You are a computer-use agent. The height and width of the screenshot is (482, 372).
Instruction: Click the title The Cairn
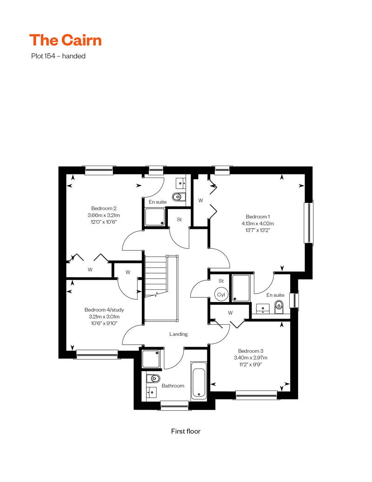(66, 40)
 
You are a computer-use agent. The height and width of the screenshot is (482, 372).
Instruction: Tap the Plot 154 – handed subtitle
(58, 56)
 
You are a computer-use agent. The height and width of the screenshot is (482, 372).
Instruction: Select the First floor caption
(186, 431)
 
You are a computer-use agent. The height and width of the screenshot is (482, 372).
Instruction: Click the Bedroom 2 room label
(104, 208)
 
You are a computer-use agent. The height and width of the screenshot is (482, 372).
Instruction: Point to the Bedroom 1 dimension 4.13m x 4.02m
(258, 223)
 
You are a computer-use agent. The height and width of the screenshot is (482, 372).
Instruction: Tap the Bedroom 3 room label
(251, 351)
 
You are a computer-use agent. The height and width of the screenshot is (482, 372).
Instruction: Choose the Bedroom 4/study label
(104, 310)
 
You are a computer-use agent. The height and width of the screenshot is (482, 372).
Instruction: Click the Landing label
(179, 334)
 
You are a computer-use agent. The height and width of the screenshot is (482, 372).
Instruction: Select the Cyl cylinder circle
(221, 295)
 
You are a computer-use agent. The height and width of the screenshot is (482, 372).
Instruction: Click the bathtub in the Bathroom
(199, 381)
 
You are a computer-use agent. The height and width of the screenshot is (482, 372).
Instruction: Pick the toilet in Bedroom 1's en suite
(279, 307)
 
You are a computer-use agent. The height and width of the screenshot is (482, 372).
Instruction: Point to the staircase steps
(156, 276)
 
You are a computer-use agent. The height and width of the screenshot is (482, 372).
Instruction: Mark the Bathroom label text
(173, 386)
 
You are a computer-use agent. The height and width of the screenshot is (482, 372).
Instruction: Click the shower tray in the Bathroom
(151, 359)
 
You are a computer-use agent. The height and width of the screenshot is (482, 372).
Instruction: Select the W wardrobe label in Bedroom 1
(200, 201)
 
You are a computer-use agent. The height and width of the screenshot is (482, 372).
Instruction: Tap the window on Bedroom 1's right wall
(308, 222)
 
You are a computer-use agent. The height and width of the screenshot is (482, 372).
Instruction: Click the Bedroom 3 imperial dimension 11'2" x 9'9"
(251, 365)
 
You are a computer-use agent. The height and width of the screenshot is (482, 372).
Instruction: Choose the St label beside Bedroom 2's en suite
(179, 220)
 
